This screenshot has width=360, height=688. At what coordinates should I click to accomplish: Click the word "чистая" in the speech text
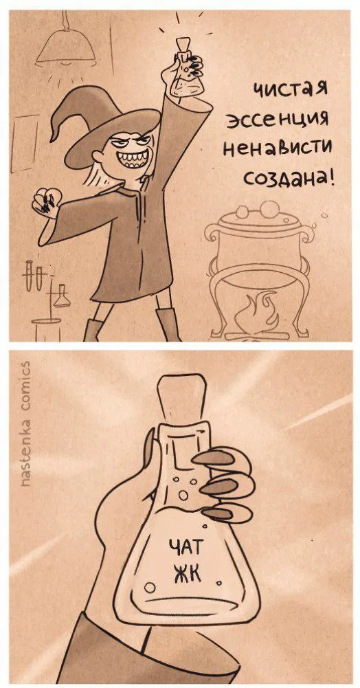(289, 91)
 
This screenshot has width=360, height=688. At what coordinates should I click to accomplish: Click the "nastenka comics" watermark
(26, 423)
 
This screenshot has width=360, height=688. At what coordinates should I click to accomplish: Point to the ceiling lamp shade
(66, 49)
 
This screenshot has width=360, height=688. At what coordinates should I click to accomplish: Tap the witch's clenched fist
(45, 201)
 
